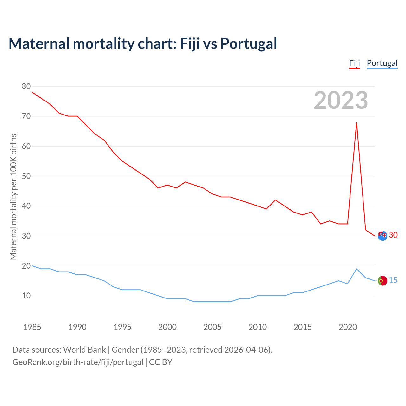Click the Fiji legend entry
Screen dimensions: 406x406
(354, 63)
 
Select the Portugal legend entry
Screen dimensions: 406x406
(382, 63)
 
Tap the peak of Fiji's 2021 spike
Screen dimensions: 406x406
(357, 122)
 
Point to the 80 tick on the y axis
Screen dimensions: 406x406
(26, 86)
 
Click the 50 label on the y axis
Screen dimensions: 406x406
(26, 176)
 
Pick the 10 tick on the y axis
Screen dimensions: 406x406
(26, 296)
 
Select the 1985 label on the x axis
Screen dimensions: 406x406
(32, 327)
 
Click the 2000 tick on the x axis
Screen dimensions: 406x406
(167, 327)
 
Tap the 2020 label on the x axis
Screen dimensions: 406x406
(348, 327)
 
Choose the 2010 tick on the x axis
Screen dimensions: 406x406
(258, 327)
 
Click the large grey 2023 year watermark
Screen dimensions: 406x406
(341, 100)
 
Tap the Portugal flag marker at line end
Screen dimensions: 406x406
(383, 281)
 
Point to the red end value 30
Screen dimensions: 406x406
(393, 235)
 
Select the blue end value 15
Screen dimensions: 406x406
(393, 280)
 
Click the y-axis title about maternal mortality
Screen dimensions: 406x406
(13, 197)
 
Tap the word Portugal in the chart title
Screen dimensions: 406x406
(249, 43)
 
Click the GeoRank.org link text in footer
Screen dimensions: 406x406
(78, 362)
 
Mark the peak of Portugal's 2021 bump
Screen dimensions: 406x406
(357, 269)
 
